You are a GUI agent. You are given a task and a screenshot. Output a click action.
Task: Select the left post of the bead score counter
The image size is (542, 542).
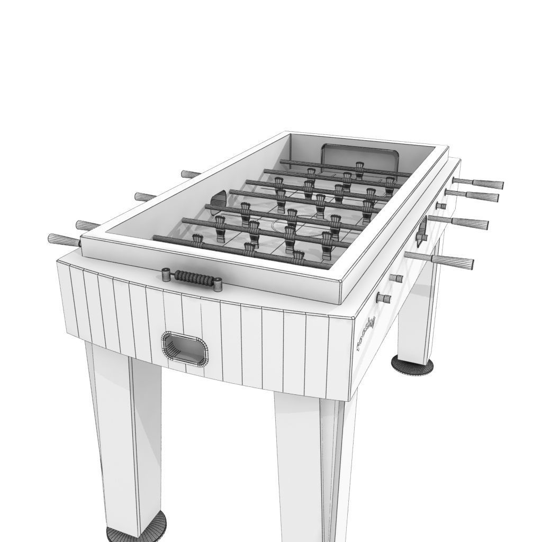(x=166, y=274)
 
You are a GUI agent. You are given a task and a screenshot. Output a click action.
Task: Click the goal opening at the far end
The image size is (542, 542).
(x=359, y=157)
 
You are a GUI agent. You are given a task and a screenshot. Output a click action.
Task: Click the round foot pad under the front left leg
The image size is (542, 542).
(x=137, y=534)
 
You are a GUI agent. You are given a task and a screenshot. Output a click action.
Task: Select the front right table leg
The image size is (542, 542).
(x=312, y=466)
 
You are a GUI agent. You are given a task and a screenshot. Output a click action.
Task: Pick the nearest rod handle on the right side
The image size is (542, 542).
(x=453, y=261)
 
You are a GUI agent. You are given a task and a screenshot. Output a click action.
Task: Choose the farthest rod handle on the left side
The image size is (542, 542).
(x=189, y=174)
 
